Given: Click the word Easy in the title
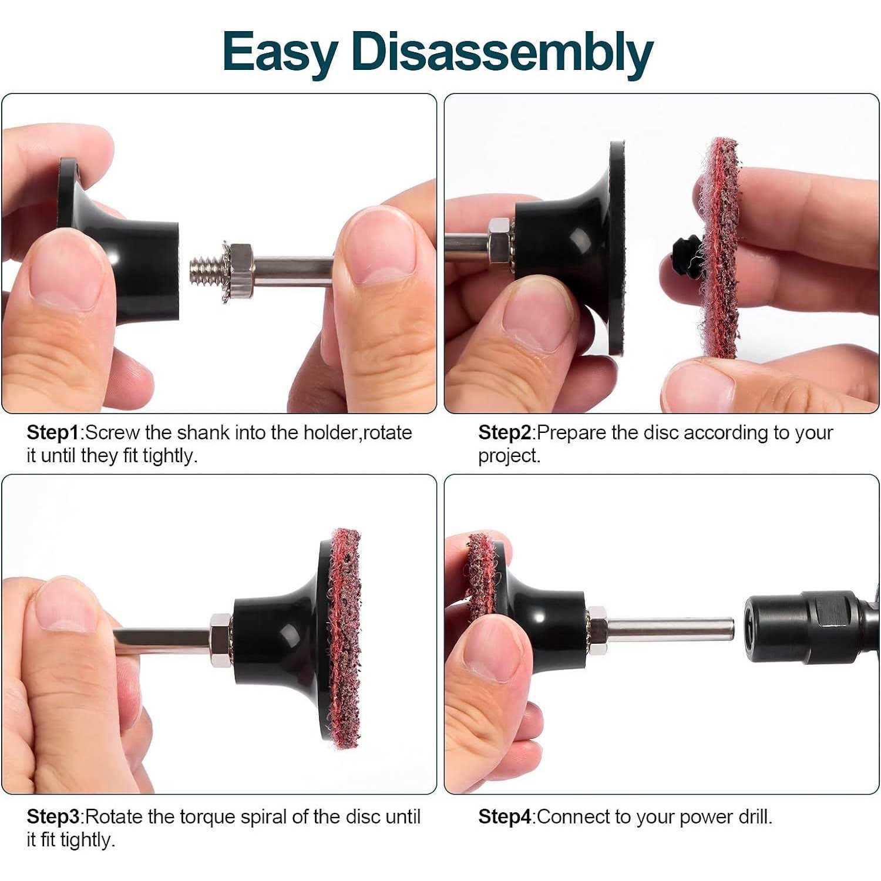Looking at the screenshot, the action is click(280, 53).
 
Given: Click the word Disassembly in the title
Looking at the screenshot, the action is click(502, 52).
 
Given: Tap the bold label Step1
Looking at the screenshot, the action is click(53, 433).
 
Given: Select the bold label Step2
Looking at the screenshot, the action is click(505, 433).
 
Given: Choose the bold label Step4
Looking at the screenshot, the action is click(505, 817).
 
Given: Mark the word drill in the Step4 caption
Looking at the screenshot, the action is click(755, 817).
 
